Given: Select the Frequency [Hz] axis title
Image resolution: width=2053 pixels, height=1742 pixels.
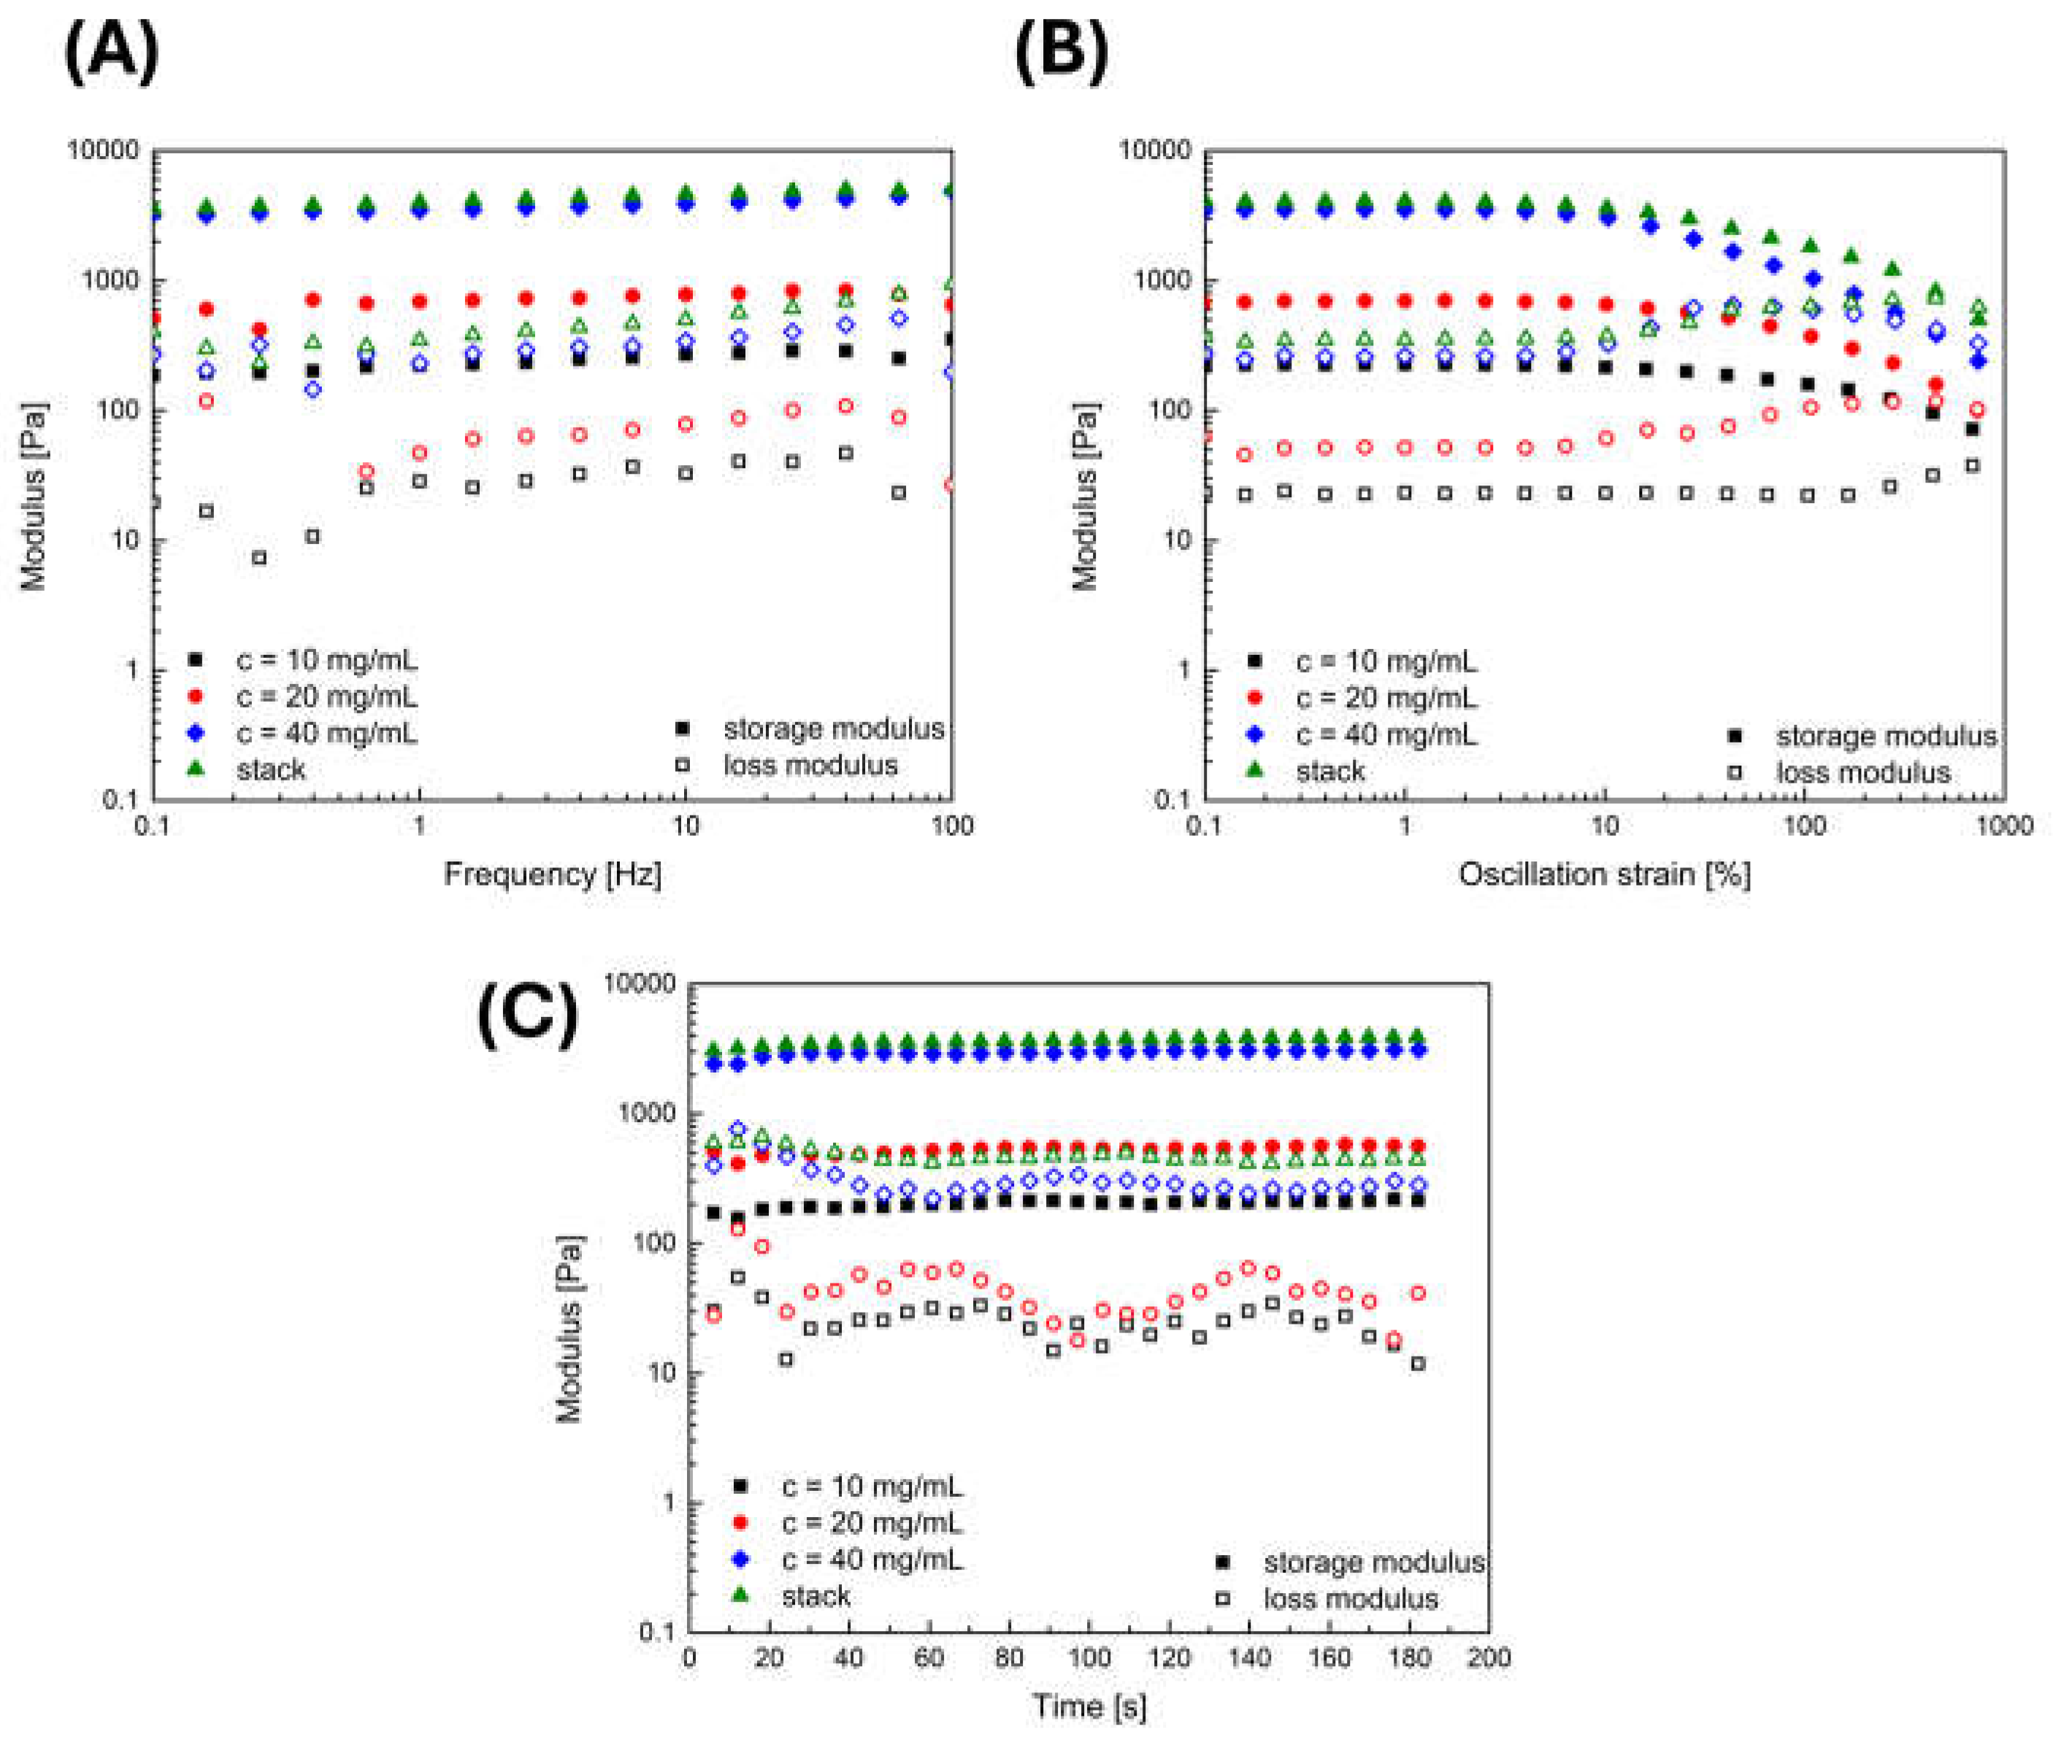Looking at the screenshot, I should click(x=552, y=874).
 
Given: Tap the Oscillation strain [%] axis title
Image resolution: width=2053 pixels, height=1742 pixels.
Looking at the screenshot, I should click(x=1604, y=874).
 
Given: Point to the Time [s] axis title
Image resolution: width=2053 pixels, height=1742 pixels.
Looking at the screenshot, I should click(x=1089, y=1706).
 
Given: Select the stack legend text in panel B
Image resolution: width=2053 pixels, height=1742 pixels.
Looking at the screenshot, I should click(x=1330, y=771).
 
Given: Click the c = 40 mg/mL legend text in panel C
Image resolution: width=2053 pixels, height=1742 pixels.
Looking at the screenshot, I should click(x=872, y=1559).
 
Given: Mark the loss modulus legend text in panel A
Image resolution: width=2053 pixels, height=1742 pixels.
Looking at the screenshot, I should click(x=810, y=765).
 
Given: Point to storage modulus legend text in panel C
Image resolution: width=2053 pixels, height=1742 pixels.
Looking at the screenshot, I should click(x=1373, y=1562).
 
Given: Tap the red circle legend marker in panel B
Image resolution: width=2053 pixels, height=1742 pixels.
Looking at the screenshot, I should click(x=1255, y=698).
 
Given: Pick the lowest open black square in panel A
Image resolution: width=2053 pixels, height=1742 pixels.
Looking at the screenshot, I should click(x=260, y=558).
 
